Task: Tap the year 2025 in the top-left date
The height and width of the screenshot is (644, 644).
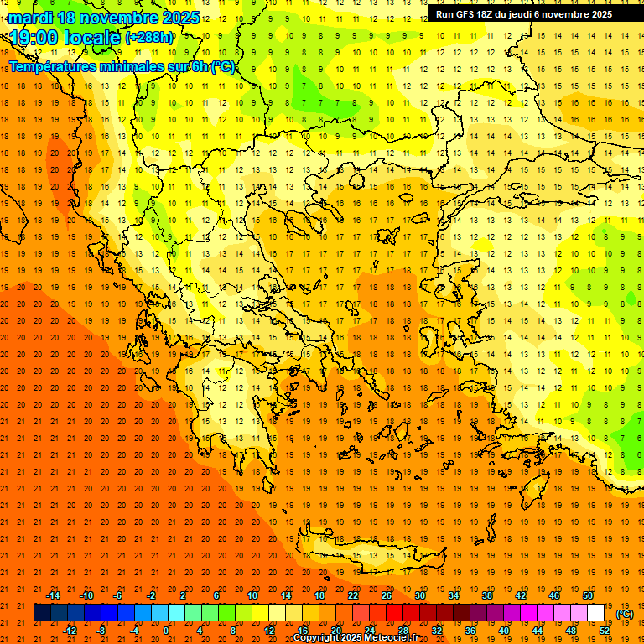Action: pos(178,18)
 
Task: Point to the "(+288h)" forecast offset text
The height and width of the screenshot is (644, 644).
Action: pos(149,38)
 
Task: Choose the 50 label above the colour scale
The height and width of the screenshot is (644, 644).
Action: pos(588,595)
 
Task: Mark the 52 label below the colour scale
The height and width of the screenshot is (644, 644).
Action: pos(604,630)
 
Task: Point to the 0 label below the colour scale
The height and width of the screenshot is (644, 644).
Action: pos(166,630)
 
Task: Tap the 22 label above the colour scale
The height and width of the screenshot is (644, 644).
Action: pos(353,595)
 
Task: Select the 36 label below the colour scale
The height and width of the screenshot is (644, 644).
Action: pos(470,630)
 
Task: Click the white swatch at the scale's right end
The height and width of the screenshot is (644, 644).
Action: pos(596,613)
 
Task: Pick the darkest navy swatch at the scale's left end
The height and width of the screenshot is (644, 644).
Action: pos(42,613)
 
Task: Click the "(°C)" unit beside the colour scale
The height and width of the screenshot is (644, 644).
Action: pos(625,614)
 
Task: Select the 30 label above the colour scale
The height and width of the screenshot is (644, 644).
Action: pos(420,595)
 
